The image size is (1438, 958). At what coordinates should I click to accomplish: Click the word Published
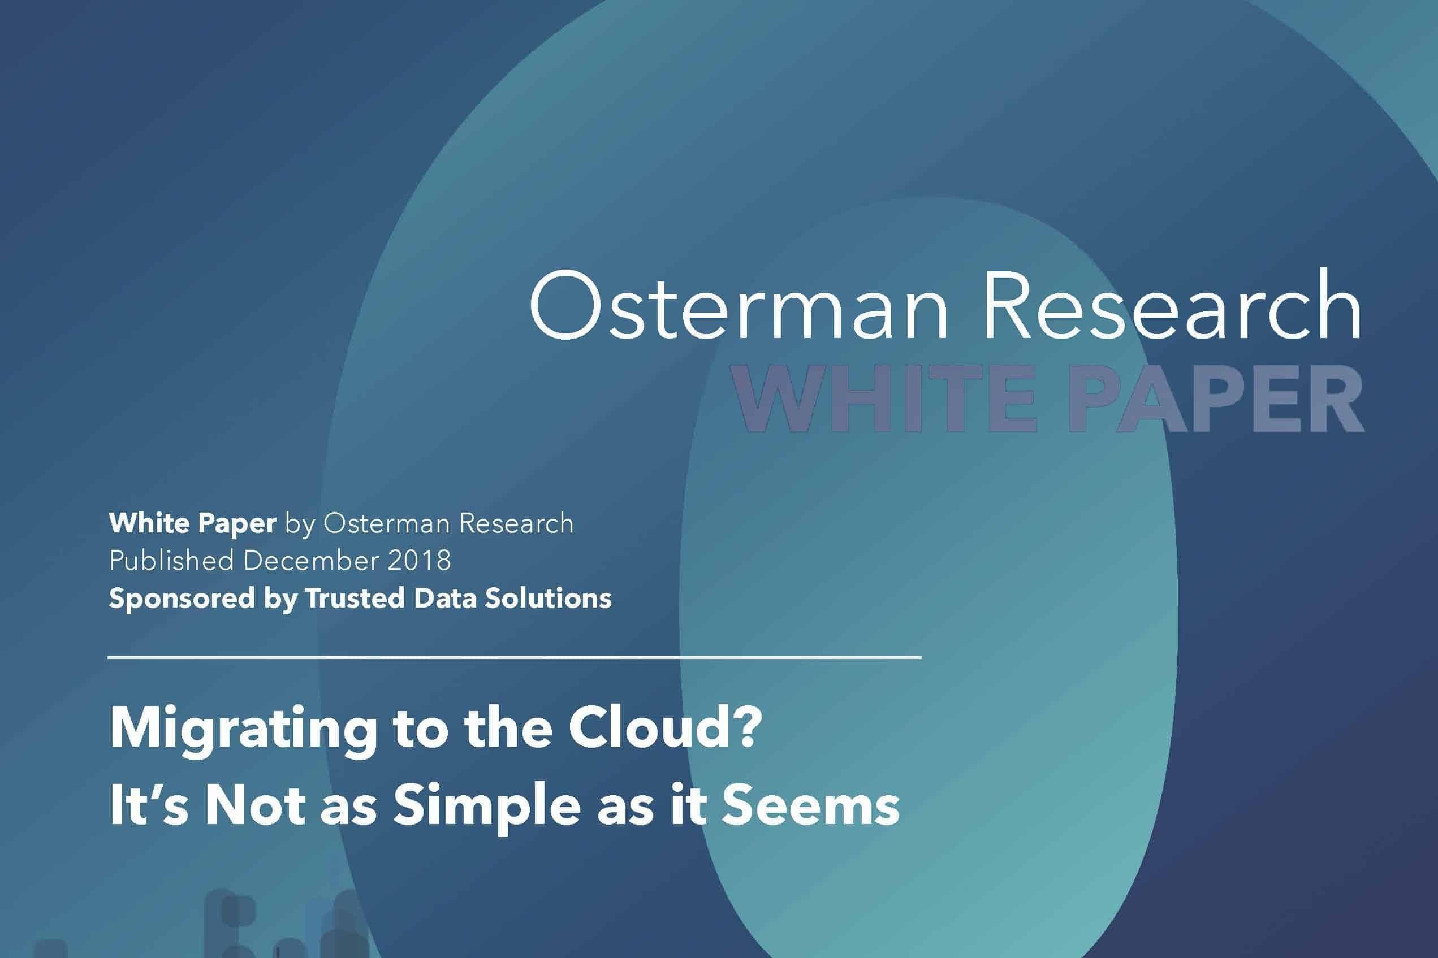point(171,560)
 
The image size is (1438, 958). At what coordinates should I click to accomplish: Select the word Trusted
point(355,598)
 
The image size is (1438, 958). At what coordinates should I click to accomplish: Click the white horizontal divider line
point(515,657)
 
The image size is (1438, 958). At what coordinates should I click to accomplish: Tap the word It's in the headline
point(148,805)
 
